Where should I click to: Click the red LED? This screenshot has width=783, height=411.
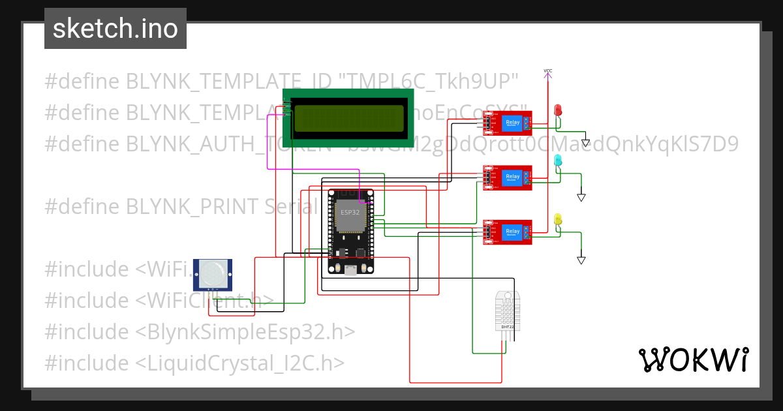[x=557, y=110]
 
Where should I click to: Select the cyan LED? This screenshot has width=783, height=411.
[x=557, y=160]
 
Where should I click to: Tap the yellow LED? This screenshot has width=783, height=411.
[x=557, y=220]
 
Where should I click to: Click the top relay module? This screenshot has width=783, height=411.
[x=507, y=123]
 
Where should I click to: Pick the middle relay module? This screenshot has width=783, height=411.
[x=507, y=177]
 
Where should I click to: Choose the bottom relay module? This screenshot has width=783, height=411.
[x=507, y=233]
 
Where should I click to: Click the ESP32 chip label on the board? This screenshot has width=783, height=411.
[x=350, y=213]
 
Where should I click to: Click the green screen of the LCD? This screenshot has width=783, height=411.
[x=348, y=118]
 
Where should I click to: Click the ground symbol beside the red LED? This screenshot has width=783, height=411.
[x=585, y=142]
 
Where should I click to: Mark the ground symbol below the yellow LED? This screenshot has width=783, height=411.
[x=581, y=260]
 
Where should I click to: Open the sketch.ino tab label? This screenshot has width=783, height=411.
[x=115, y=29]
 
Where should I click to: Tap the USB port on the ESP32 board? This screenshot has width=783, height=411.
[x=351, y=269]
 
